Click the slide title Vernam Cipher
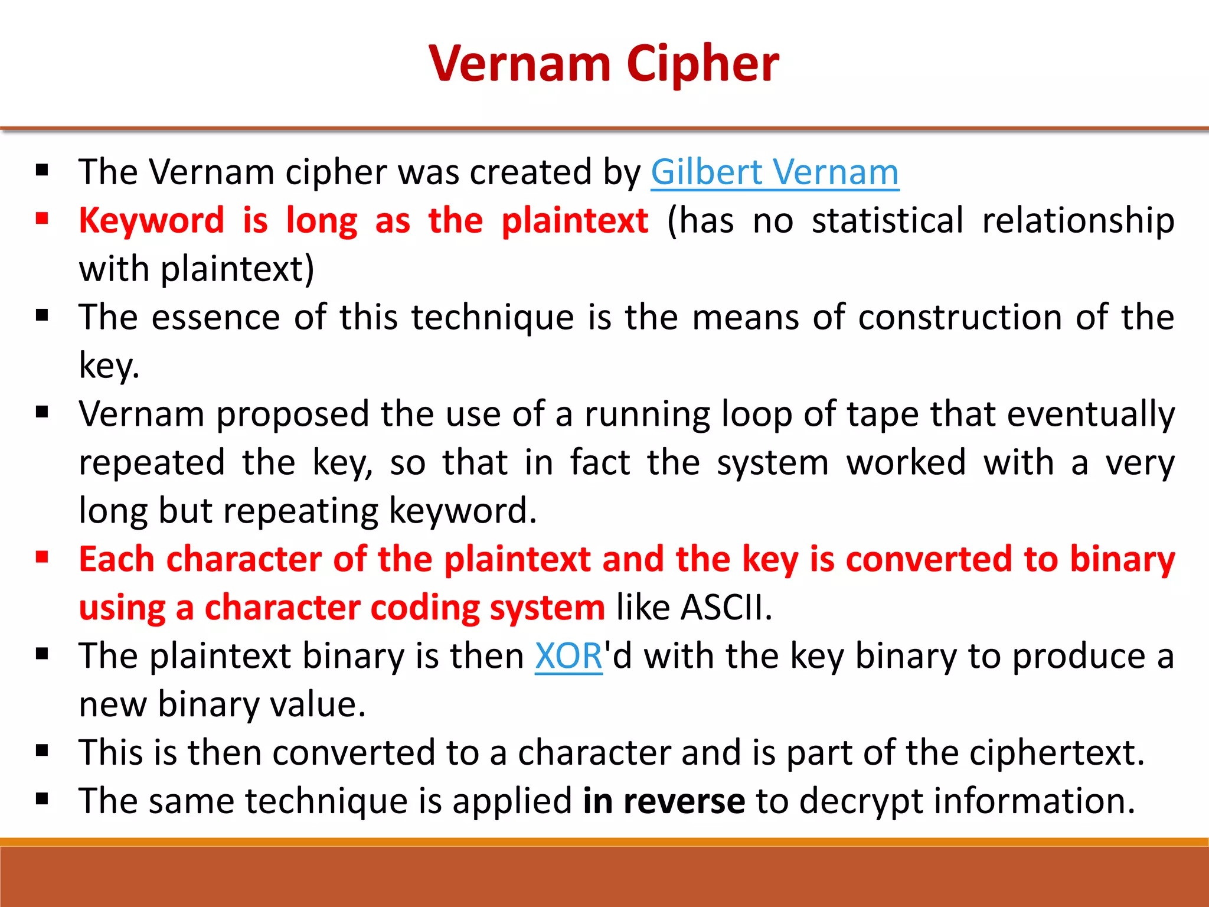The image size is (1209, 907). (604, 63)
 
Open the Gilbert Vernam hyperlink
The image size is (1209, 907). (775, 172)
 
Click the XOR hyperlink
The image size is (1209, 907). (568, 656)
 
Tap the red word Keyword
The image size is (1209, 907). (152, 221)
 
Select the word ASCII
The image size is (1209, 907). (726, 608)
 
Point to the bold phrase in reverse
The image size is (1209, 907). (664, 801)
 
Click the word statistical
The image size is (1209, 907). (887, 221)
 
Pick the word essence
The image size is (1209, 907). (215, 318)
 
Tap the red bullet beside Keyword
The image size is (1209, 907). (42, 219)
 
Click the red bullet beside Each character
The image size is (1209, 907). (42, 557)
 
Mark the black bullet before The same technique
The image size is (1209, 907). (42, 799)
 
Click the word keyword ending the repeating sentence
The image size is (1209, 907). (462, 511)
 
